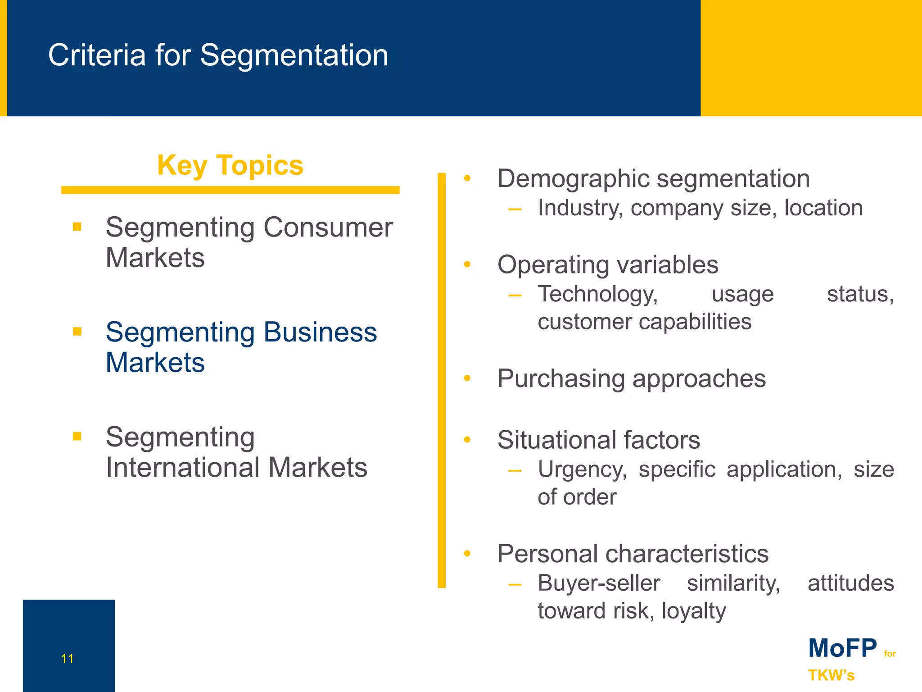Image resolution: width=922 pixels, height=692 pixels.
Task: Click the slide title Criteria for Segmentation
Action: [x=218, y=55]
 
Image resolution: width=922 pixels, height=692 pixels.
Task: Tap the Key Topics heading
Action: [x=230, y=165]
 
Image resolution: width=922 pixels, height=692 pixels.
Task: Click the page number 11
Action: [x=67, y=659]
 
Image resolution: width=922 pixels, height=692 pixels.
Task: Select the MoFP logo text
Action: [x=842, y=648]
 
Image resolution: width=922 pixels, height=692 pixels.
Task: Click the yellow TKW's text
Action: [x=831, y=675]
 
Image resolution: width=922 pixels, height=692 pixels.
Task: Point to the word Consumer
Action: [x=328, y=227]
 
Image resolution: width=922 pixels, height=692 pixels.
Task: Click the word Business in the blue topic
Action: [x=320, y=332]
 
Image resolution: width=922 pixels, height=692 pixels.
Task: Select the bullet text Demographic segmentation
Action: [x=653, y=178]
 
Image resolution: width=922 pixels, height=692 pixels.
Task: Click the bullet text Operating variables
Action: [x=608, y=264]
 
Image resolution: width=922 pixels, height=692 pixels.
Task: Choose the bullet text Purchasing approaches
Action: [x=631, y=378]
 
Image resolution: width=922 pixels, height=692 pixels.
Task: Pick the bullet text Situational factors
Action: [x=599, y=440]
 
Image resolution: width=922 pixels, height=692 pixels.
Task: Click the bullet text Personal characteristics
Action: [x=633, y=554]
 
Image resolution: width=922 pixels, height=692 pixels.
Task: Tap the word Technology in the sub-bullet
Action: [x=598, y=294]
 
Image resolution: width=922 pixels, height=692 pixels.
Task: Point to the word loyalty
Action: [x=693, y=611]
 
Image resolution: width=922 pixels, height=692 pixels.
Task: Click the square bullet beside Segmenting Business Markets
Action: [x=77, y=332]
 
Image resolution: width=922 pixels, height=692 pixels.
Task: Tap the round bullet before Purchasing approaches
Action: [x=467, y=378]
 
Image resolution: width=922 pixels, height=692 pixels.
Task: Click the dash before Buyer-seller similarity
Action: [x=515, y=585]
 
